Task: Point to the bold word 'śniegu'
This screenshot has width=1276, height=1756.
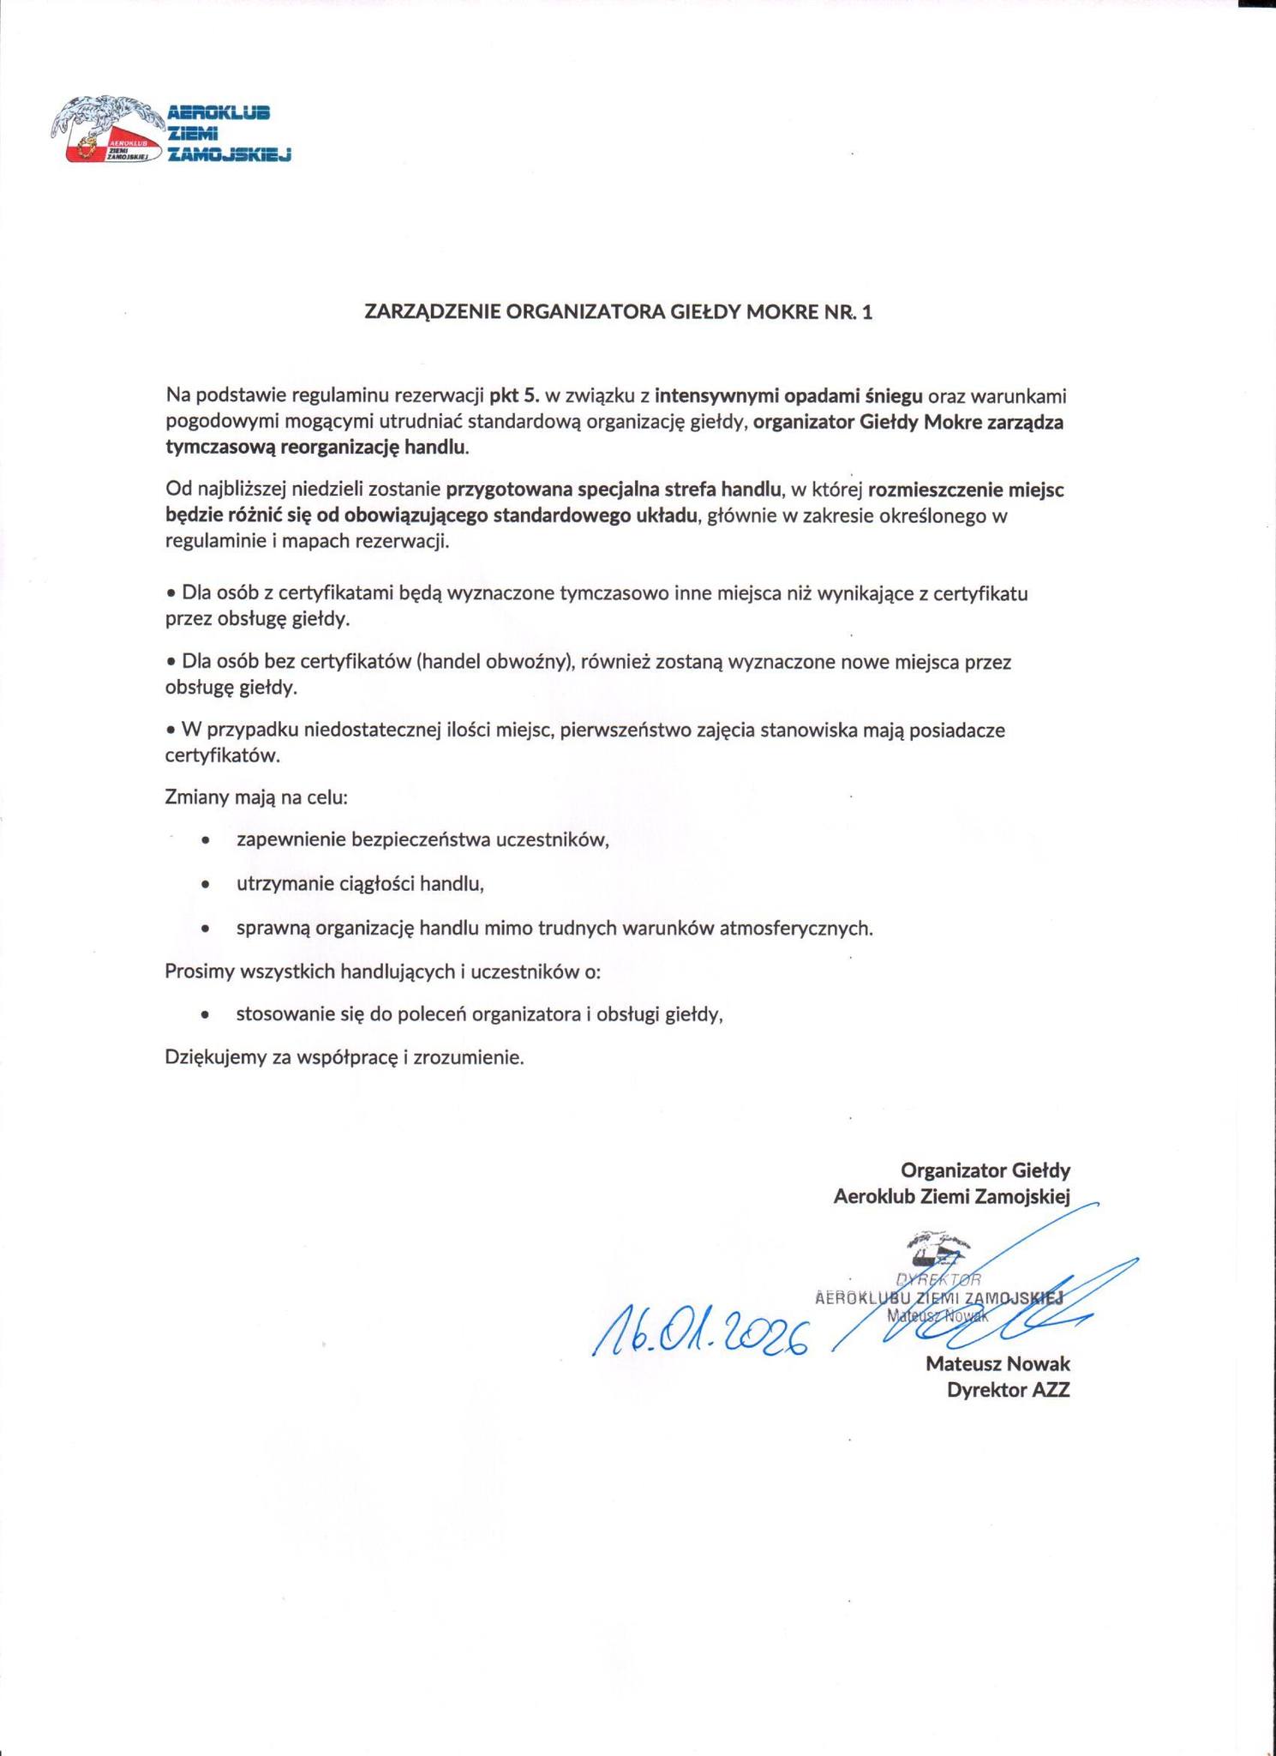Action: [x=895, y=395]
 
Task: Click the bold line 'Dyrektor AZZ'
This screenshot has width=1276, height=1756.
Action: [x=1008, y=1391]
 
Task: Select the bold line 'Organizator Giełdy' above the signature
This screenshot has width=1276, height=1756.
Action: [x=985, y=1170]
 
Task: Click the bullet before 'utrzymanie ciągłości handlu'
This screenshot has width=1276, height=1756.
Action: [x=204, y=884]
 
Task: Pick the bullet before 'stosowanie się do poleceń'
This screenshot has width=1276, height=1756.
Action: [x=204, y=1015]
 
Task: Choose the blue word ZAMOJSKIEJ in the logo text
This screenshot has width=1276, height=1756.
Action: [x=230, y=155]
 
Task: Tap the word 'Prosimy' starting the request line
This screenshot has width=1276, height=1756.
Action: [x=195, y=972]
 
